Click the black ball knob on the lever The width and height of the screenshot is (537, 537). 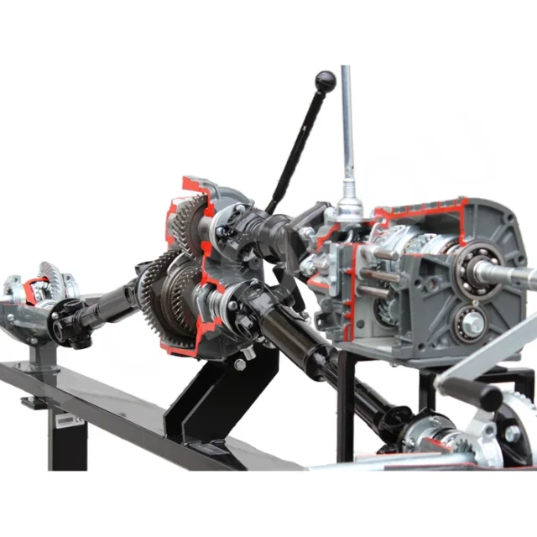pos(325,81)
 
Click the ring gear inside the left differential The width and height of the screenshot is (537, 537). pos(50,282)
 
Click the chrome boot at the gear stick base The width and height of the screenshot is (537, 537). pos(348,206)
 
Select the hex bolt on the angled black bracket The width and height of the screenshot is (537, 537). pos(240,364)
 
